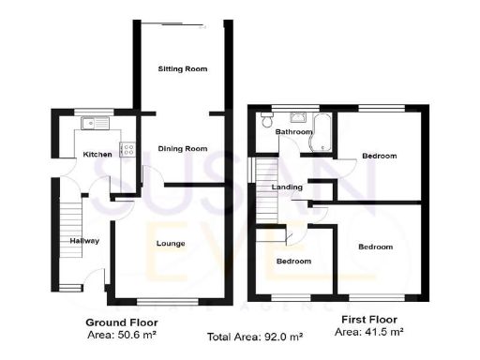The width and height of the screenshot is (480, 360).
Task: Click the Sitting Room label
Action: coord(182,68)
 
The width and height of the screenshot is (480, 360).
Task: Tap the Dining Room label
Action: coord(182,148)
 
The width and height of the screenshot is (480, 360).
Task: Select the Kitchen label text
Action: coord(97,154)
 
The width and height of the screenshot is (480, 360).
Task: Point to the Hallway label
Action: coord(84,241)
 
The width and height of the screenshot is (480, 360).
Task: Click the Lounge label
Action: coord(170,244)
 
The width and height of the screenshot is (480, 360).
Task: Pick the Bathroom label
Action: coord(292,132)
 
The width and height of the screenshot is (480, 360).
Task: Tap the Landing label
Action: coord(286,187)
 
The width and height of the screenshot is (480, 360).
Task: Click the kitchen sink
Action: coord(96,123)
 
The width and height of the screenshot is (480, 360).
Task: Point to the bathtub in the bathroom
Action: coord(324,133)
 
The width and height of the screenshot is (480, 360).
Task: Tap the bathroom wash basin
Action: coord(300,117)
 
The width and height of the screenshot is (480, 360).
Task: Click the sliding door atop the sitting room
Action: coord(183,24)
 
